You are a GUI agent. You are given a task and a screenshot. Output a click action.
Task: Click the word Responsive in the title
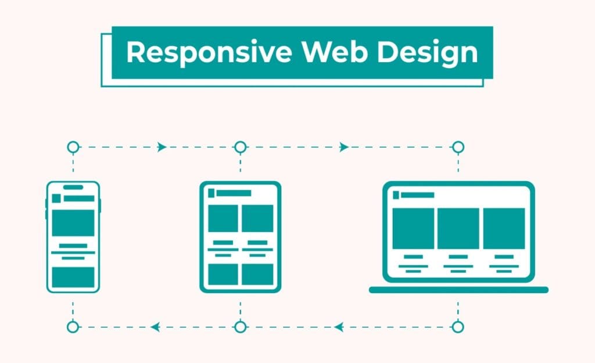tap(209, 53)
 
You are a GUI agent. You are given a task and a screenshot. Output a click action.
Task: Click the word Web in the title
tap(334, 52)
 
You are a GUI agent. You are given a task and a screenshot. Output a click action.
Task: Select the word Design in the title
tap(427, 53)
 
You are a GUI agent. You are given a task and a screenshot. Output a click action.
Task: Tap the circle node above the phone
tap(73, 147)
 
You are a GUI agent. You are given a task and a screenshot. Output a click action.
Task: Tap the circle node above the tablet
tap(241, 147)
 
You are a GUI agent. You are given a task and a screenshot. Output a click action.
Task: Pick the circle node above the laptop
tap(458, 147)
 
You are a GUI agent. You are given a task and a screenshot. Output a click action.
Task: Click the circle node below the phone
tap(73, 327)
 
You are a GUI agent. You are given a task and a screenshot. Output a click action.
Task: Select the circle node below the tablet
tap(241, 327)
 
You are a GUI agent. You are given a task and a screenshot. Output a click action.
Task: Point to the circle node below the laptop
tap(458, 327)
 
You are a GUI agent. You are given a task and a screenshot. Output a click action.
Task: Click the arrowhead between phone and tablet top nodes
tap(162, 147)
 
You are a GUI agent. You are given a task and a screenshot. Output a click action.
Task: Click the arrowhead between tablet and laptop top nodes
tap(344, 147)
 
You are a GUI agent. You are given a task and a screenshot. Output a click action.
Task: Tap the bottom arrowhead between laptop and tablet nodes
tap(339, 327)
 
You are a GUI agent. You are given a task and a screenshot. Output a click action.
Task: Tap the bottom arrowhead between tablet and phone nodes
tap(155, 327)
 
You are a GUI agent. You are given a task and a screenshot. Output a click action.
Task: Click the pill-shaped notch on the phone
tap(73, 187)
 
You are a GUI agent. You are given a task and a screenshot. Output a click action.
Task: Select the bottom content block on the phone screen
tap(73, 277)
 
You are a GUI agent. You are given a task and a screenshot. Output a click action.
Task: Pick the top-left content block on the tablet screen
tap(223, 218)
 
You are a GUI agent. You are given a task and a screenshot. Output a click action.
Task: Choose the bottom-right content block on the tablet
tap(257, 274)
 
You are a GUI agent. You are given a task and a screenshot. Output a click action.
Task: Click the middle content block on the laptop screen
tap(458, 229)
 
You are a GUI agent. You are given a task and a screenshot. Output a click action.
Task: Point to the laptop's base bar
tap(459, 290)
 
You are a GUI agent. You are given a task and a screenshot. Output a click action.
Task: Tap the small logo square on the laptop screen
tap(396, 195)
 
